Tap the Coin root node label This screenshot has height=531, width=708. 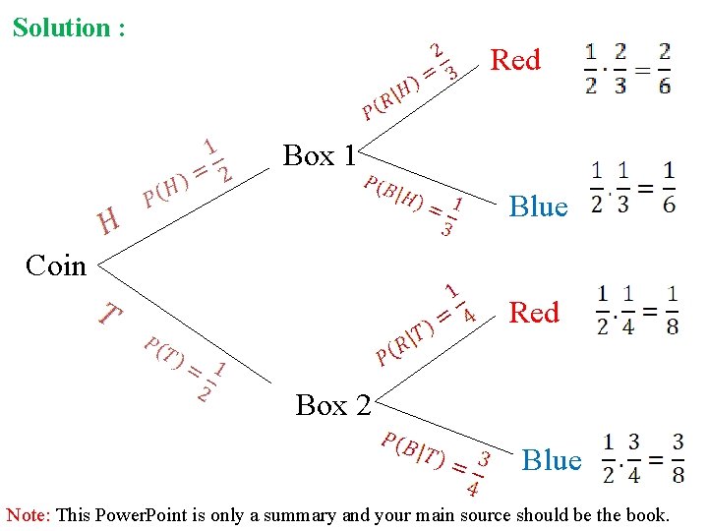tap(56, 265)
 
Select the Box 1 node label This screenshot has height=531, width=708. tap(320, 155)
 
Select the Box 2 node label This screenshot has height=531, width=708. tap(333, 404)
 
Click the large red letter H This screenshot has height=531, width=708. tap(108, 221)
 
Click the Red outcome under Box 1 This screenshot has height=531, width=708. tap(515, 60)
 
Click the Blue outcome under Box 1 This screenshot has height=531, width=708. tap(538, 206)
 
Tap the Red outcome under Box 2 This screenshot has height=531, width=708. tap(533, 313)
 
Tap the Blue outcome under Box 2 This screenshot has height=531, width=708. tap(551, 460)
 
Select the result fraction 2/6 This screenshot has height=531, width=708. tap(665, 68)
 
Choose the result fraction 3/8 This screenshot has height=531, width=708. tap(678, 458)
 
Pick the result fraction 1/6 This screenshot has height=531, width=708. tap(669, 186)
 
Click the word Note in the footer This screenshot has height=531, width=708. tap(28, 514)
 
